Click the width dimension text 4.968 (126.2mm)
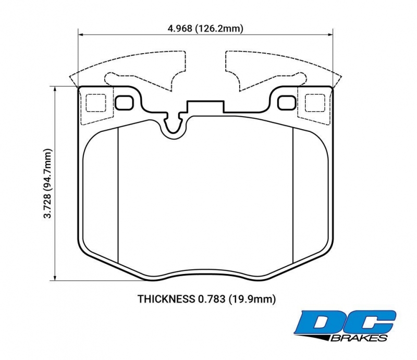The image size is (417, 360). click(x=205, y=29)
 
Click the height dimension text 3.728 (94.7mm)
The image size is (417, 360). click(x=48, y=183)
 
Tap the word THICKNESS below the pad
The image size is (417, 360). click(x=166, y=299)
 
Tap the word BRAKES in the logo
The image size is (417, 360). click(x=360, y=338)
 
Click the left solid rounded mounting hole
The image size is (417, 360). click(x=124, y=103)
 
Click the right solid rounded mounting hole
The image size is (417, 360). click(x=287, y=103)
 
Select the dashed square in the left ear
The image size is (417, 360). click(x=96, y=103)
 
